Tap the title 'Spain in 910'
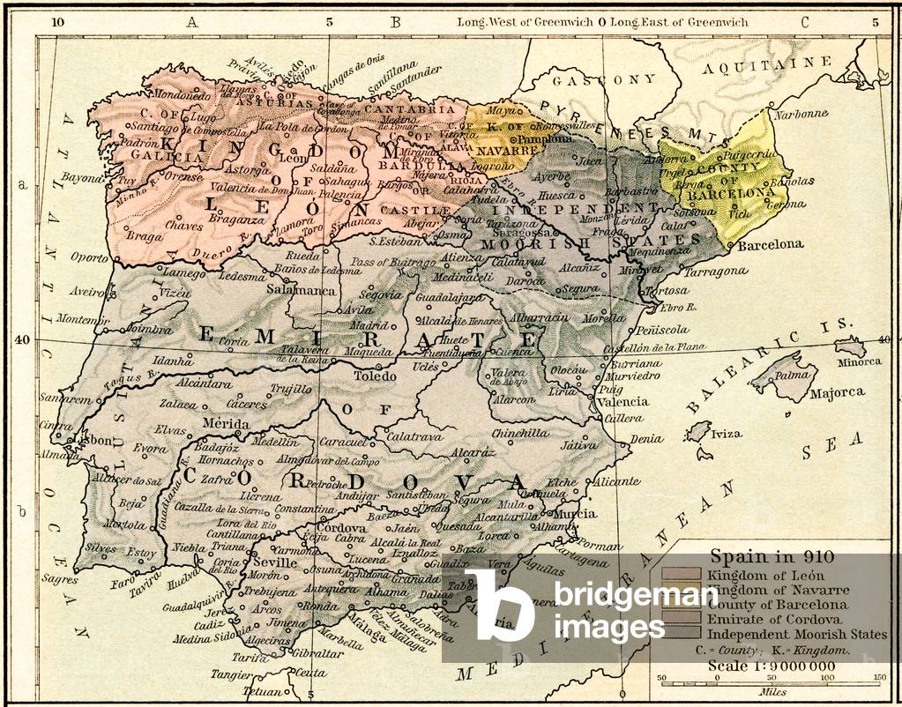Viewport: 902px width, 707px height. (759, 558)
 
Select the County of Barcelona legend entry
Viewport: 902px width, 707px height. (777, 605)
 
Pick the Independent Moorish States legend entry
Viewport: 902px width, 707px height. (795, 634)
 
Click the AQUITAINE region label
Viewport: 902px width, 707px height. (767, 65)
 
